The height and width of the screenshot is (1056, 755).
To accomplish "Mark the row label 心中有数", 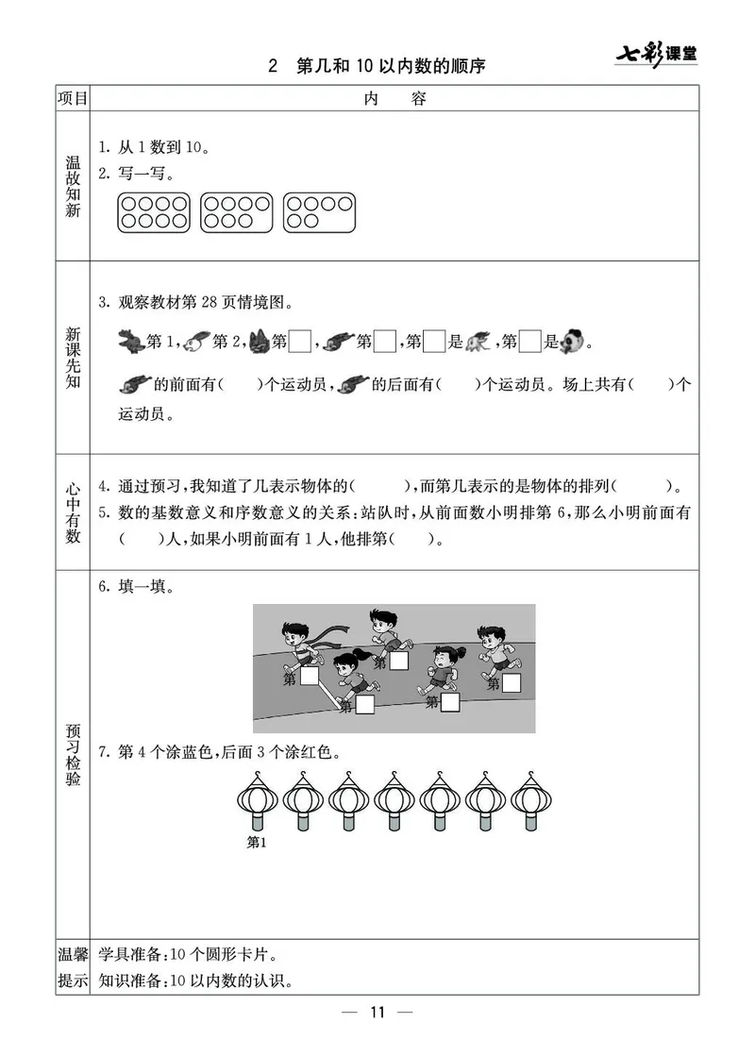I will coord(73,512).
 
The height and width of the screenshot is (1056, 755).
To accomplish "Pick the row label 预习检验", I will coord(73,755).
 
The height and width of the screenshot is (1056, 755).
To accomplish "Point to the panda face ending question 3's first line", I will coord(572,341).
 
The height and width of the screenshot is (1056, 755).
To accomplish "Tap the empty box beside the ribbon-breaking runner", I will coord(309,678).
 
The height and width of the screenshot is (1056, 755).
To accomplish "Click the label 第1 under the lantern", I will coord(257,843).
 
